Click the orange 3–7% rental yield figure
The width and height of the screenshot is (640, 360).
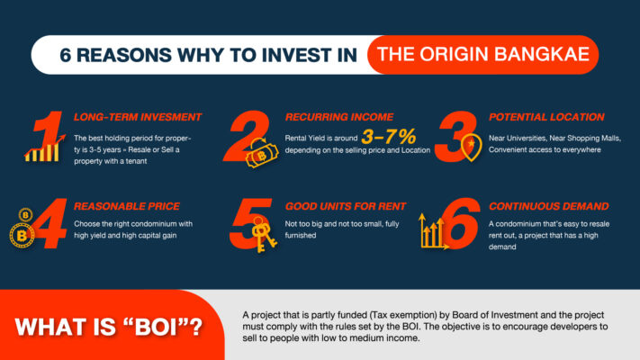[389, 136]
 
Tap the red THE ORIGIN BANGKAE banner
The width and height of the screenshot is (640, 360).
[483, 54]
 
